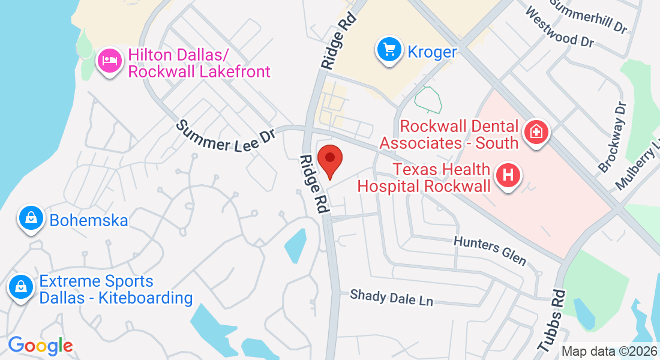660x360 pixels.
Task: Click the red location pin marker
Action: coord(329,159)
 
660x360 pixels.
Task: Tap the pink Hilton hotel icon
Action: coord(110,62)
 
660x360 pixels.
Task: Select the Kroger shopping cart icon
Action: coord(389,50)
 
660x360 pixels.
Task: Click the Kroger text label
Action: coord(432,52)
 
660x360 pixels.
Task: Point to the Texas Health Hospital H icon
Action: coord(508,177)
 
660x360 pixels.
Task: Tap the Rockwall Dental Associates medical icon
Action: coord(533,131)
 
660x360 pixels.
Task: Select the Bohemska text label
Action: coord(89,221)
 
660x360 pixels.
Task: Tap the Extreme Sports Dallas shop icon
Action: coord(21,287)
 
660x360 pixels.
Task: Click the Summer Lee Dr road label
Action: coord(225,136)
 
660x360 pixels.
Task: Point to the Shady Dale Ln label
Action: coord(391,298)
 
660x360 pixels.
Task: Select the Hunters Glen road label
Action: coord(490,250)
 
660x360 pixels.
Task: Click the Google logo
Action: coord(40,345)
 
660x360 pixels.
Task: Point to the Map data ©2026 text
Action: coord(609,352)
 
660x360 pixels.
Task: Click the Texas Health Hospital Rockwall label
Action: coord(424,178)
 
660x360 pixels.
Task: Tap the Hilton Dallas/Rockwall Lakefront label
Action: coord(199,64)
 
